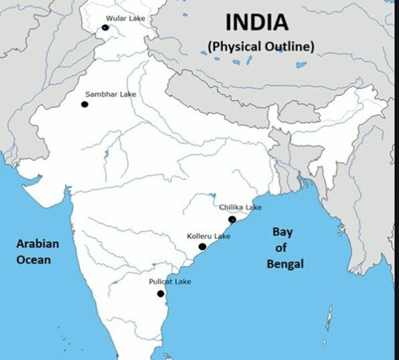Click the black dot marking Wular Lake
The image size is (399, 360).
click(x=105, y=28)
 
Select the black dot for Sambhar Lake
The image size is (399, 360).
click(x=84, y=104)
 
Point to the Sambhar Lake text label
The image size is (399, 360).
click(x=110, y=94)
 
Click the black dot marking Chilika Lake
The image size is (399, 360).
click(x=231, y=220)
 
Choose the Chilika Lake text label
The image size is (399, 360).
click(x=240, y=207)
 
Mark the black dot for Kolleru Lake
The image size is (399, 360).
click(x=202, y=246)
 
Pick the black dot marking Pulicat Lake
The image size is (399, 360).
click(x=160, y=294)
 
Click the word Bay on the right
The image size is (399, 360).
click(x=281, y=231)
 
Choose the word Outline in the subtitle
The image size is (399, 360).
click(x=286, y=45)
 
